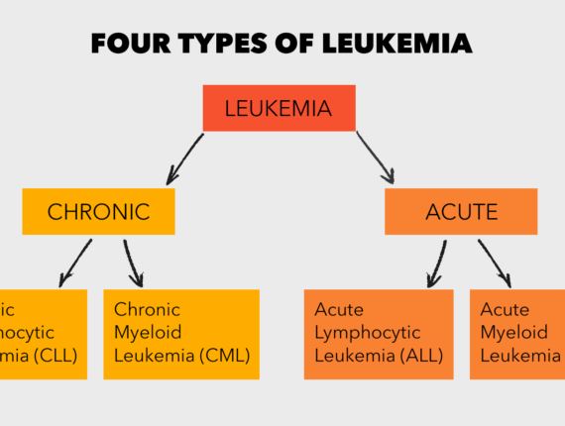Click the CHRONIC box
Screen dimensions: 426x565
tap(98, 211)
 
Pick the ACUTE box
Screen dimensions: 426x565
tap(461, 211)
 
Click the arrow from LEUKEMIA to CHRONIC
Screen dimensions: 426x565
tap(185, 159)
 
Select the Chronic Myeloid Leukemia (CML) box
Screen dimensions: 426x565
tap(180, 334)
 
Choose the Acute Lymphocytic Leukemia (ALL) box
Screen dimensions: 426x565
tap(378, 334)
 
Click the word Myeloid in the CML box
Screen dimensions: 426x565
tap(146, 333)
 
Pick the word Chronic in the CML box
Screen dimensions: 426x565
tap(147, 309)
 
